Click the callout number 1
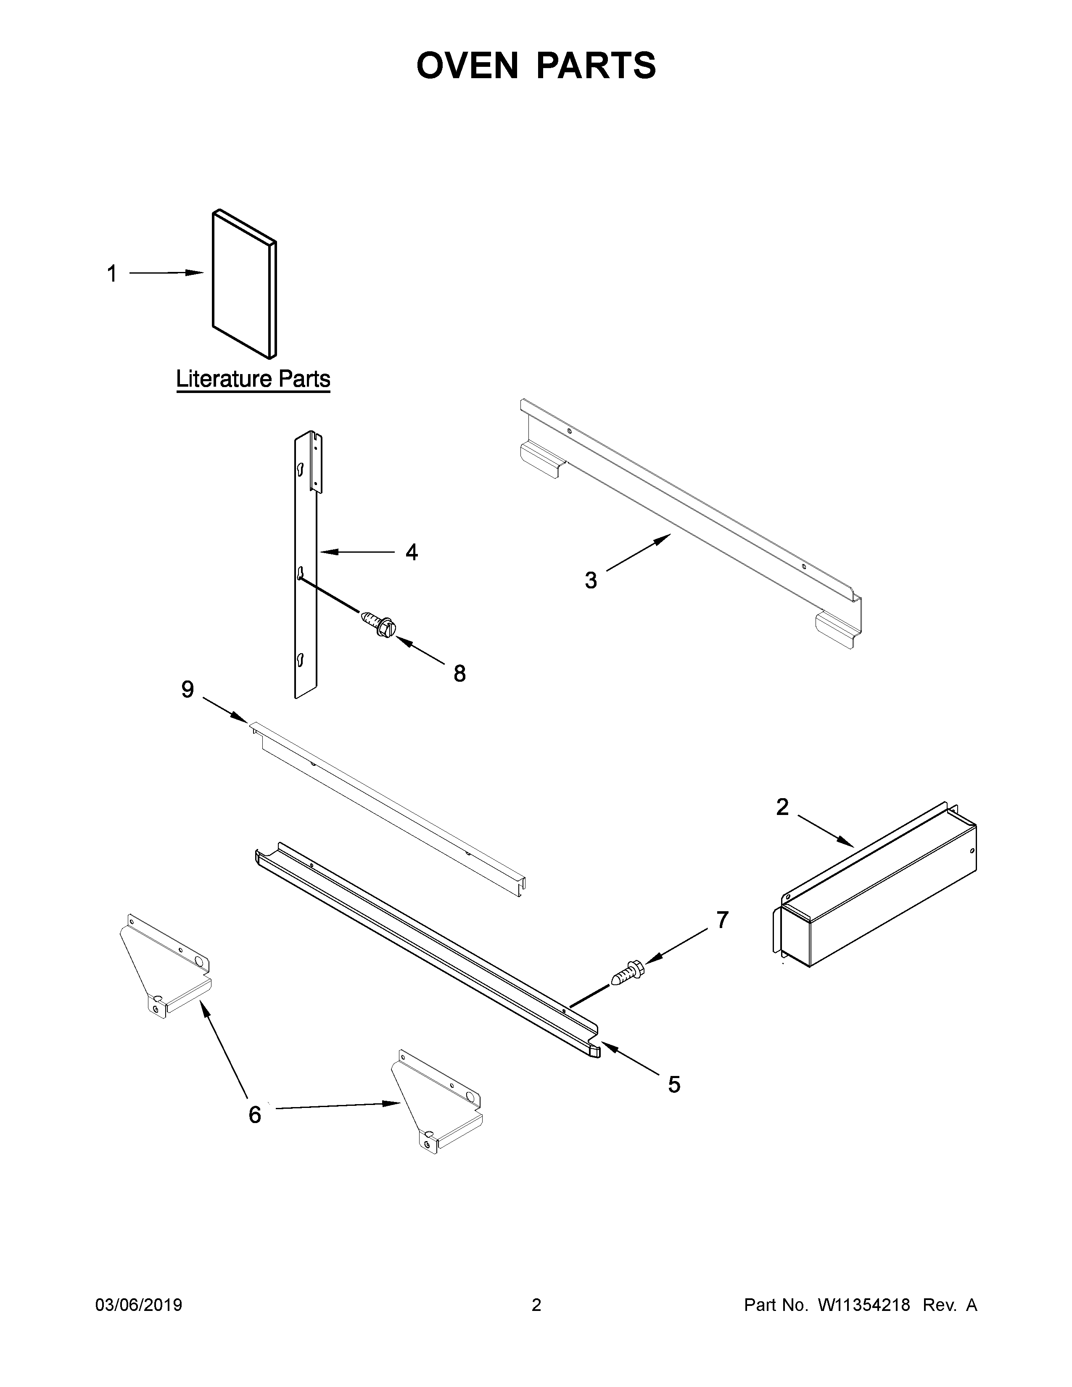(112, 274)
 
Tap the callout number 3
(591, 580)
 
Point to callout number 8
(459, 673)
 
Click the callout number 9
(187, 689)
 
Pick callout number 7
(722, 920)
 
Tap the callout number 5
(674, 1084)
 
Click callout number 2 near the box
(782, 807)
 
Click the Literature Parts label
(253, 379)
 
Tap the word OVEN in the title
(467, 66)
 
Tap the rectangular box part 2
(877, 889)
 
